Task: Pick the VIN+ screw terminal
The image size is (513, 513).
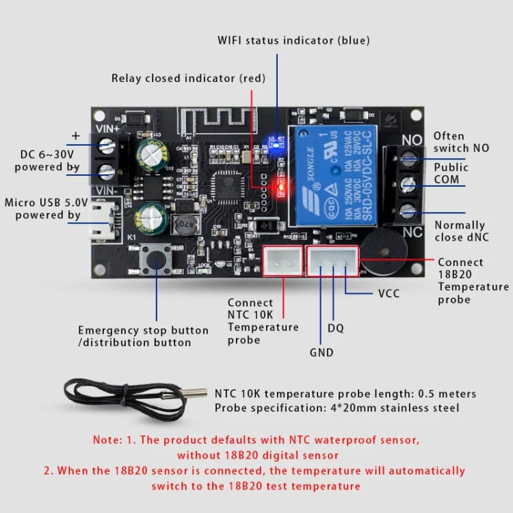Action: (x=107, y=145)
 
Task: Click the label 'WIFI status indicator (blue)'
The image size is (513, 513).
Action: (x=293, y=40)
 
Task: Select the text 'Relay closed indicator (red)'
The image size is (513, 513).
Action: (x=188, y=78)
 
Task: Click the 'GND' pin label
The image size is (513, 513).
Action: (x=321, y=353)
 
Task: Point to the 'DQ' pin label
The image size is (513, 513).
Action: (x=335, y=328)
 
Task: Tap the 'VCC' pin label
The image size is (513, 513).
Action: (x=389, y=293)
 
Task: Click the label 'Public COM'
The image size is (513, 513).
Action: (x=451, y=173)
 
